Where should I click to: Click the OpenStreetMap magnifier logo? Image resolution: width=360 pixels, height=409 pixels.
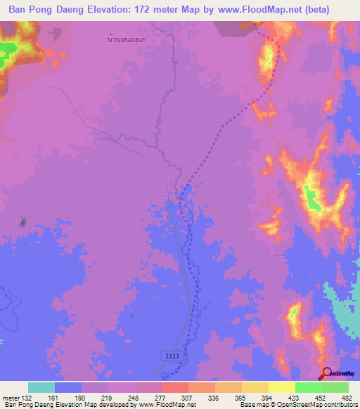pyautogui.click(x=327, y=375)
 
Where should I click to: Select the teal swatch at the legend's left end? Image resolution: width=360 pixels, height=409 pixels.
pyautogui.click(x=41, y=387)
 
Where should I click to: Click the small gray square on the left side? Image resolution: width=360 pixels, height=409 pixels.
pyautogui.click(x=22, y=223)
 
